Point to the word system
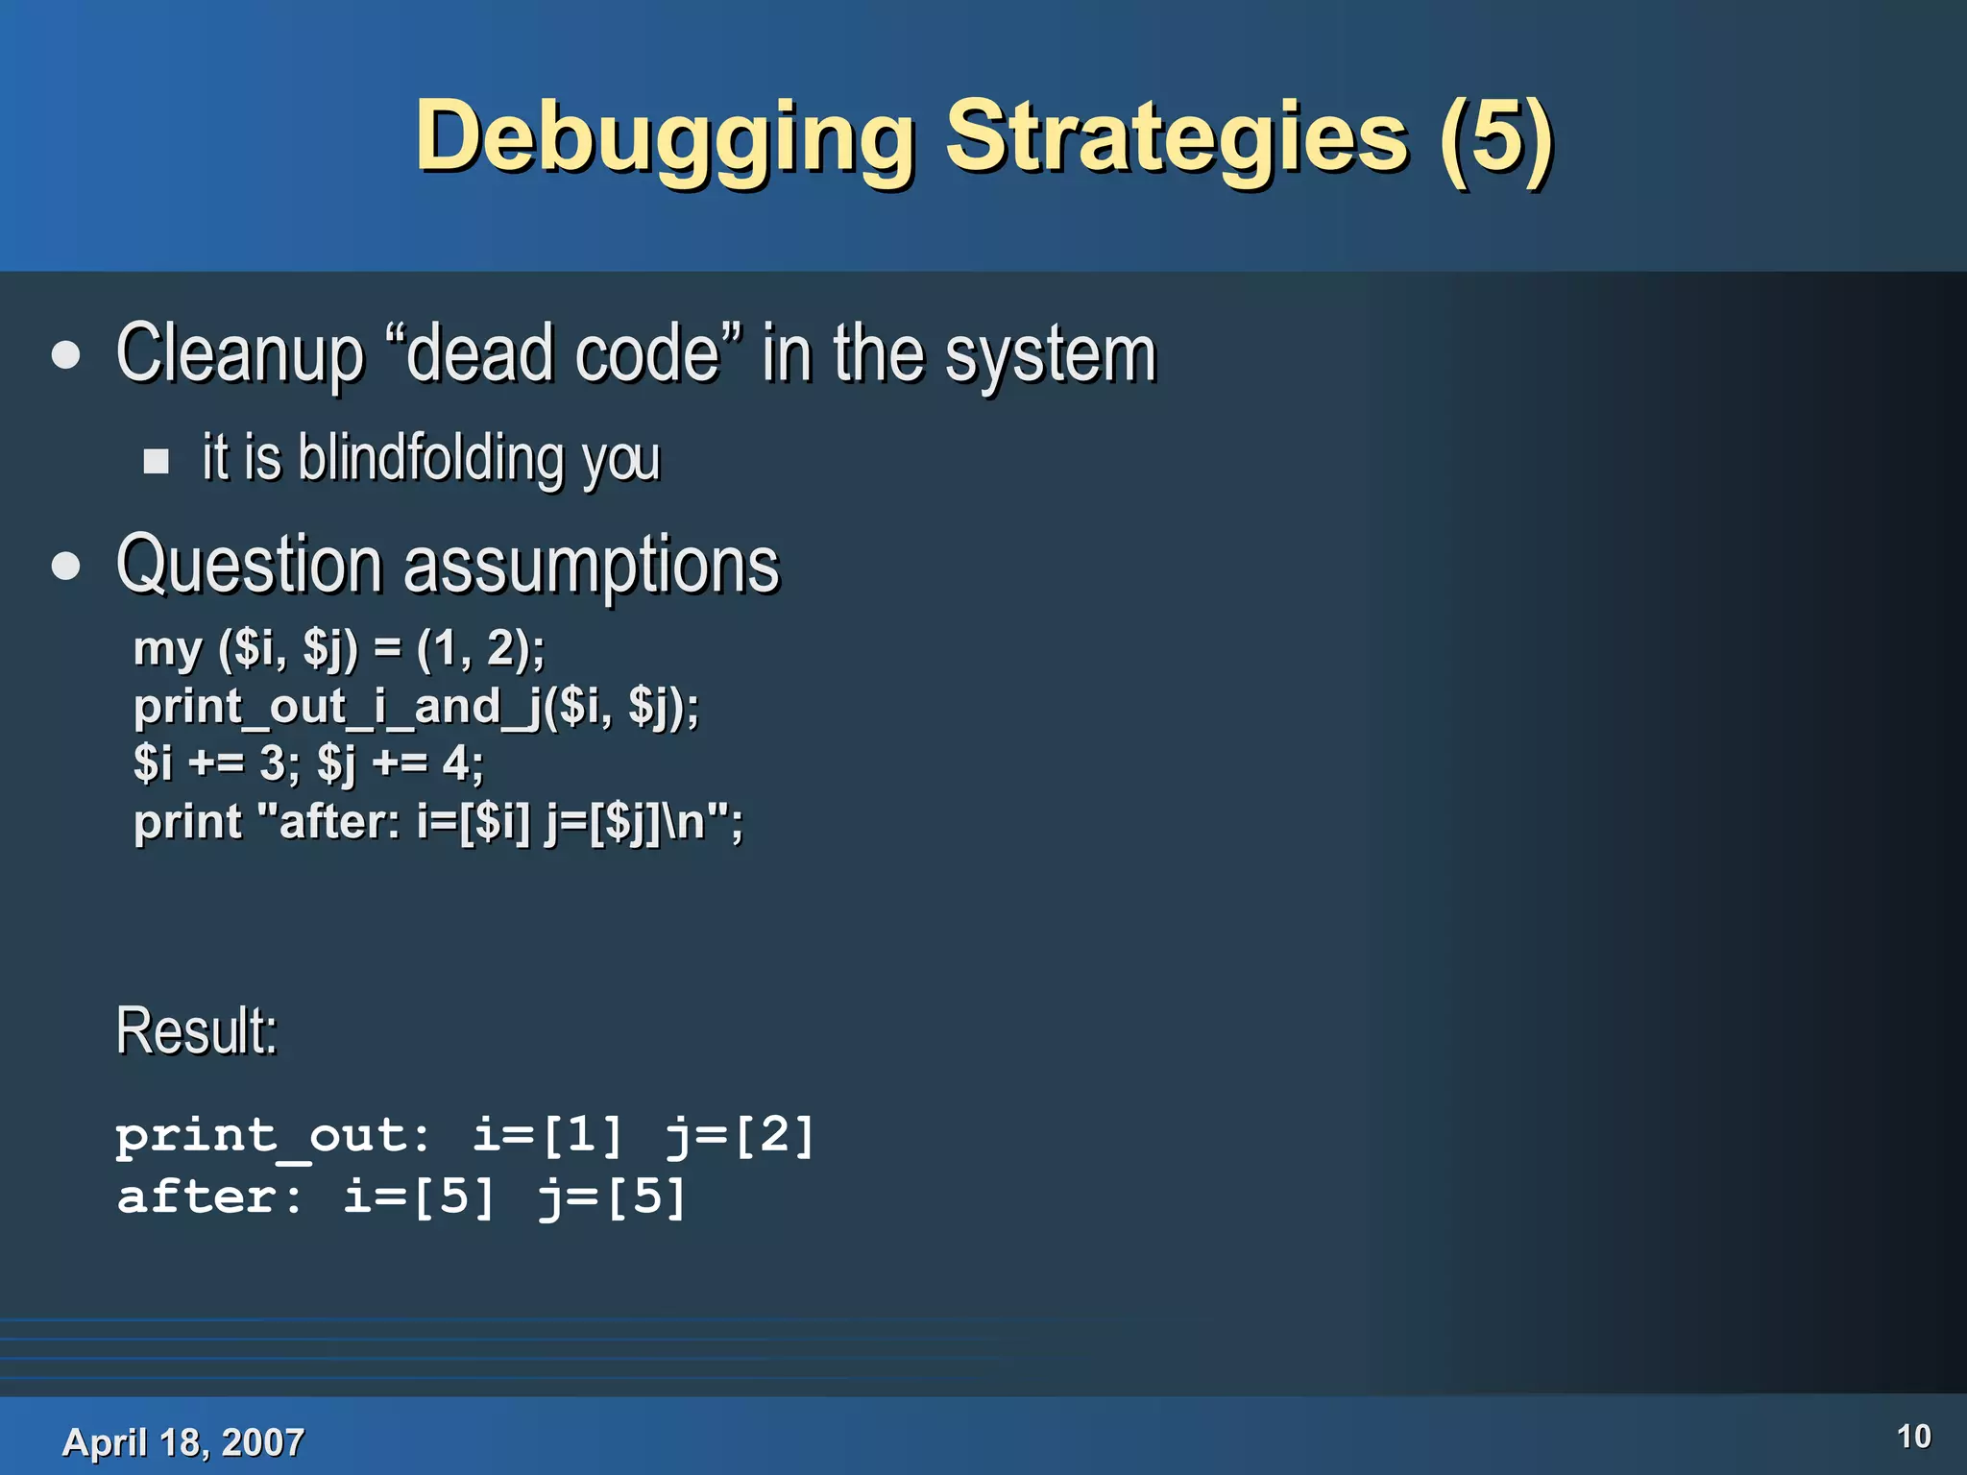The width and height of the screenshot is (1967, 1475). (1051, 355)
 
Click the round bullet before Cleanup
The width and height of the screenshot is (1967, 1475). (66, 356)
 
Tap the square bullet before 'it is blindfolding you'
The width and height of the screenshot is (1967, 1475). (156, 462)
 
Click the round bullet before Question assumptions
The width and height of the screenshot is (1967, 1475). (66, 567)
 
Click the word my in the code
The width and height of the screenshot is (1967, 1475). (167, 650)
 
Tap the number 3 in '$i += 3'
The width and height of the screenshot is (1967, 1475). (272, 764)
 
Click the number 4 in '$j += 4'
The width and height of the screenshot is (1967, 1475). (455, 764)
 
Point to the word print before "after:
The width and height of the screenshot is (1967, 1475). (187, 822)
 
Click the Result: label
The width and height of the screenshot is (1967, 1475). (197, 1030)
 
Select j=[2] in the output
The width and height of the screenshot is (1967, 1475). (740, 1136)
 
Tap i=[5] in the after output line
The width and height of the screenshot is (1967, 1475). (419, 1197)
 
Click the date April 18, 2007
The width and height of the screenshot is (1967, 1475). (182, 1441)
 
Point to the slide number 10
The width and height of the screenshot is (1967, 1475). (1913, 1437)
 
